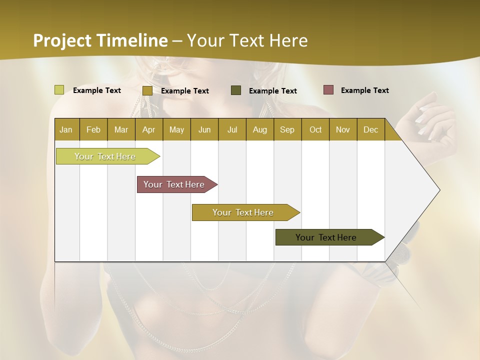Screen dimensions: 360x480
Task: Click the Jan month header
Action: (x=66, y=129)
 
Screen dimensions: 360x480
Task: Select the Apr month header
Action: (x=148, y=129)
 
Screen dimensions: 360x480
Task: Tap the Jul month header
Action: (x=232, y=129)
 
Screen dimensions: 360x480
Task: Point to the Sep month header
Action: (x=287, y=129)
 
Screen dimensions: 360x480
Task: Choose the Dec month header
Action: (x=370, y=129)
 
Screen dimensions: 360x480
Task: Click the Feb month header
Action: (x=93, y=129)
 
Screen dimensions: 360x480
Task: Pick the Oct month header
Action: (x=315, y=129)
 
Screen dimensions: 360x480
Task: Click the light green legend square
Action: (x=59, y=90)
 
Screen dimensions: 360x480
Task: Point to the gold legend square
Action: (x=147, y=90)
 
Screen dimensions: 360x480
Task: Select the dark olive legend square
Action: (x=236, y=90)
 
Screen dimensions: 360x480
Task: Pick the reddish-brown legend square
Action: (x=328, y=90)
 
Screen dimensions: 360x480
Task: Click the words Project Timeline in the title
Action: (x=100, y=40)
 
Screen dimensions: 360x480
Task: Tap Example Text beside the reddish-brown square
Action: (x=364, y=90)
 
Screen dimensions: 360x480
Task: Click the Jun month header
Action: (x=204, y=129)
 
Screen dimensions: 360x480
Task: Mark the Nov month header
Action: (x=343, y=129)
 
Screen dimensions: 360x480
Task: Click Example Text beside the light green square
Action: (x=97, y=90)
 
